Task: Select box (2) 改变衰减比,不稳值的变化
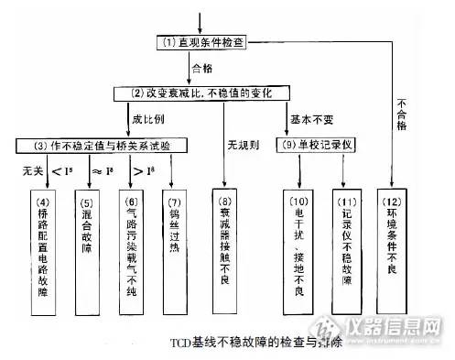[x=223, y=93]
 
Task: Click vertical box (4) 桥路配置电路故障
[x=43, y=238]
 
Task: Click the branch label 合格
[x=202, y=68]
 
